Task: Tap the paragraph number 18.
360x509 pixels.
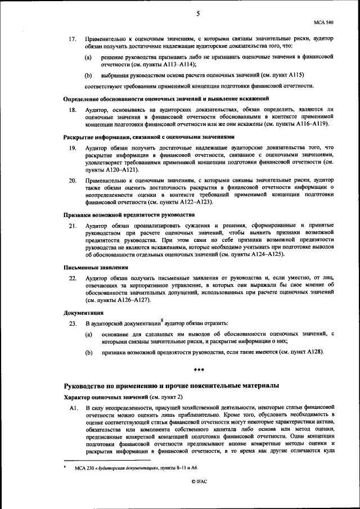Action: [72, 109]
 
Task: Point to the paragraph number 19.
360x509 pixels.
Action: [72, 147]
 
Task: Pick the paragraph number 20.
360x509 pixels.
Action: [72, 181]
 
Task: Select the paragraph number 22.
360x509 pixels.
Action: [72, 278]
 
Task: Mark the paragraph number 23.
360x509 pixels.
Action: [72, 323]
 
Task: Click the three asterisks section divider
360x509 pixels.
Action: [198, 369]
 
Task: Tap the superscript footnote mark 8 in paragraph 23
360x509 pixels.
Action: [162, 320]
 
